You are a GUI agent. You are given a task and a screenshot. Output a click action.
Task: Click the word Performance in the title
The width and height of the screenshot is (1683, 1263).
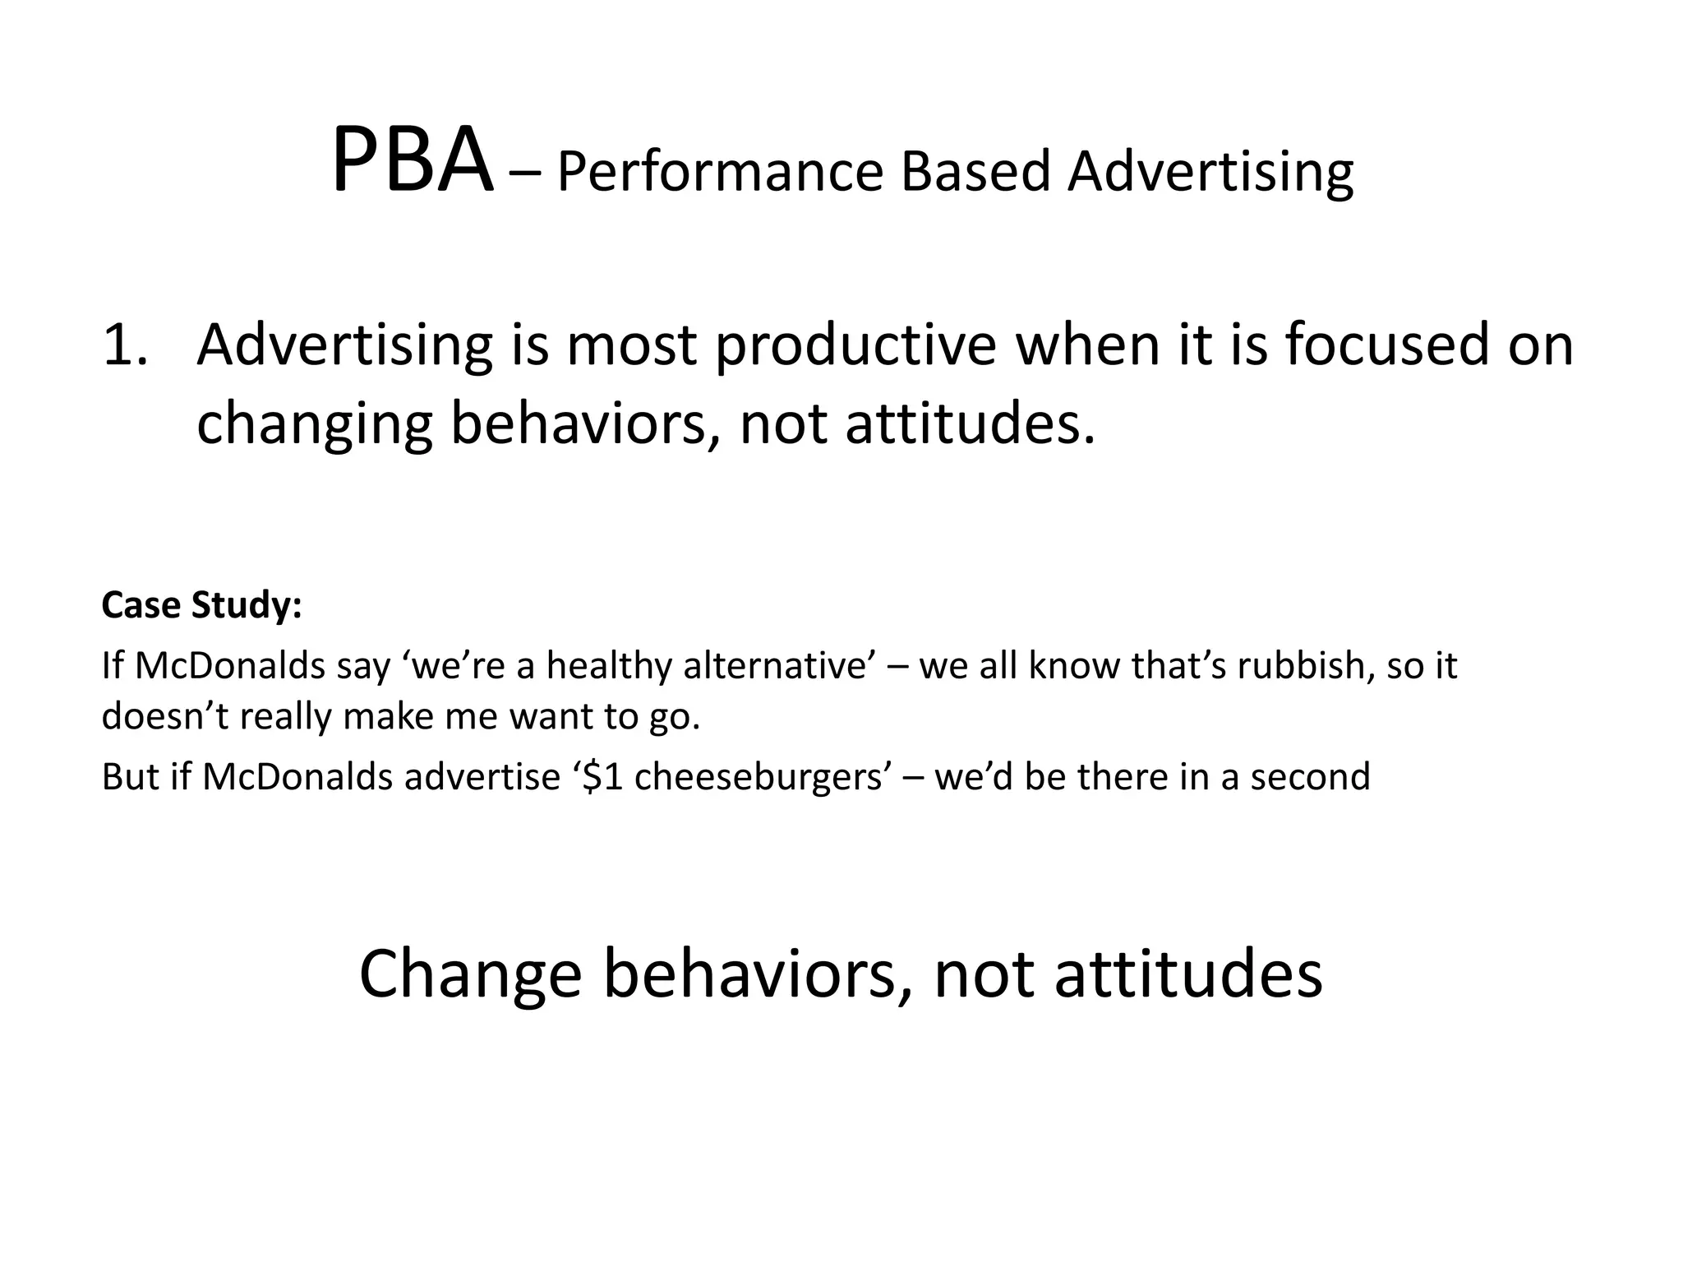click(720, 172)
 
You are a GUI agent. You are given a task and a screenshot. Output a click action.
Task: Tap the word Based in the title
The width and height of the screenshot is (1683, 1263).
click(975, 172)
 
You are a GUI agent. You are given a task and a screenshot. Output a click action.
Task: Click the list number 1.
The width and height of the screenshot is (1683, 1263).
click(125, 345)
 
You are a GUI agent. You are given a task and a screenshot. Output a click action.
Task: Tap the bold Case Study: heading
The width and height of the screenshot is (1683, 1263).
click(202, 605)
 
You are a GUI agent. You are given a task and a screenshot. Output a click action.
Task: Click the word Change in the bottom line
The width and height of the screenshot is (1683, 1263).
click(470, 974)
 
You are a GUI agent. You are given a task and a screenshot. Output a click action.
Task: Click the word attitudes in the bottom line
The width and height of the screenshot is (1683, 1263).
click(1188, 974)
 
